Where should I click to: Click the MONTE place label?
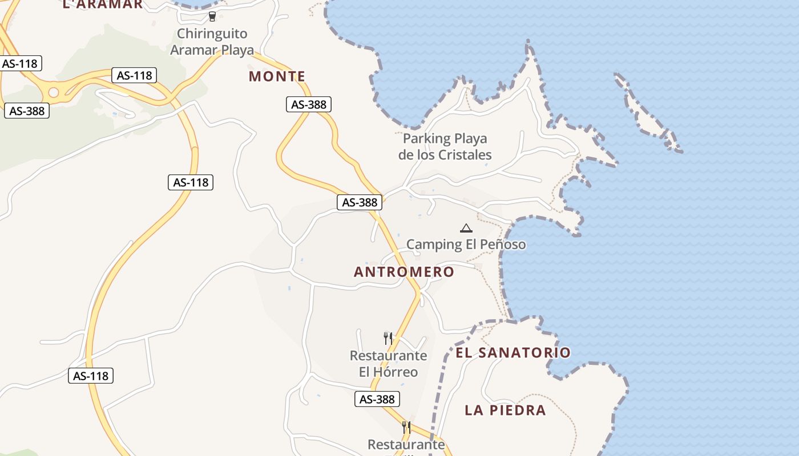point(277,76)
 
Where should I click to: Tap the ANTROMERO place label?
point(403,272)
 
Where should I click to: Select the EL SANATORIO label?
point(513,353)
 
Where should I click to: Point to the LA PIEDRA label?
point(505,410)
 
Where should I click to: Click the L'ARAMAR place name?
point(102,5)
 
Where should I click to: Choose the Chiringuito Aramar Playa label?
point(212,42)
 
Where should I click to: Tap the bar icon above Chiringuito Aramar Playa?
point(212,17)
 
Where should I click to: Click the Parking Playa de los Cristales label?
point(445,146)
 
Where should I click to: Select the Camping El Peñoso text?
point(466,245)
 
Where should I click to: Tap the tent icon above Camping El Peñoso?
point(466,229)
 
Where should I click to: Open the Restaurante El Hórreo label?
point(388,364)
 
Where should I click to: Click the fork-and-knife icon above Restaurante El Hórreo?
point(388,338)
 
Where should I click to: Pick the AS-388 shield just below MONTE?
point(308,104)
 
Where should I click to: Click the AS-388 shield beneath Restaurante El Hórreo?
point(377,399)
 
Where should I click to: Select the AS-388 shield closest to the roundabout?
point(27,111)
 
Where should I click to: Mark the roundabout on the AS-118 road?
point(54,92)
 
